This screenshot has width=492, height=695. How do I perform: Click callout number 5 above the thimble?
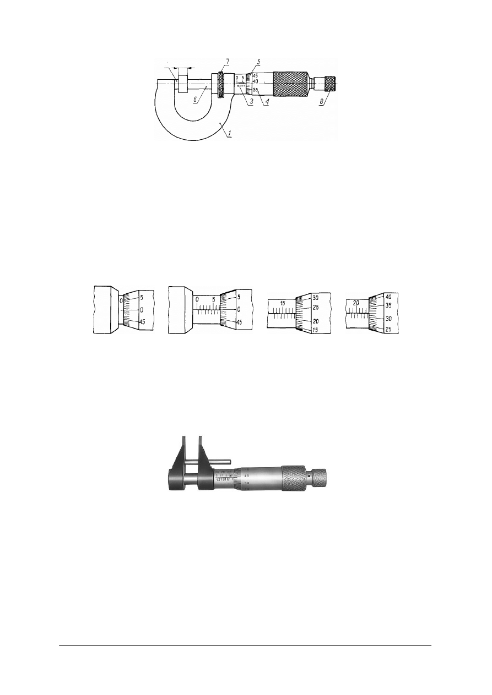point(257,61)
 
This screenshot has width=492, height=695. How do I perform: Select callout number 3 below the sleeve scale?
point(251,102)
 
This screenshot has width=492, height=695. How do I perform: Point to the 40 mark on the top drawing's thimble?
point(255,81)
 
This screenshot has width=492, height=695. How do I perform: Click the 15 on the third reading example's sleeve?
point(282,303)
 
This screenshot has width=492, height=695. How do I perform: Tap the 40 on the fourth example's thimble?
point(388,297)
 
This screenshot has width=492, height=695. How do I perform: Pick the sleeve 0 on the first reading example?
point(121,301)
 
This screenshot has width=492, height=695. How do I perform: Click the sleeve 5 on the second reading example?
point(213,300)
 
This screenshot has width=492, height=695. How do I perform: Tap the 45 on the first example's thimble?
point(142,322)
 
